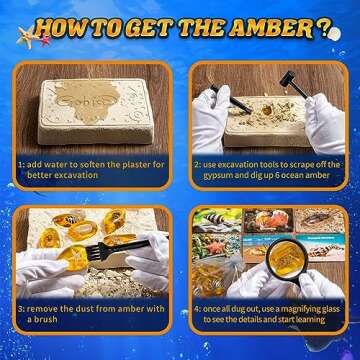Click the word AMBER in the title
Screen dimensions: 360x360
tap(271, 27)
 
